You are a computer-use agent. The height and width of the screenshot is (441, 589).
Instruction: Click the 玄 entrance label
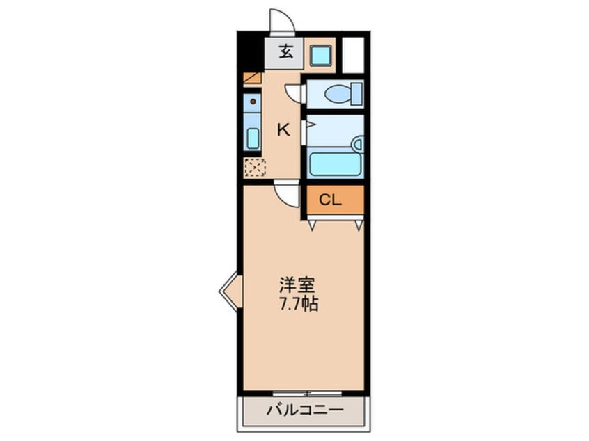[x=285, y=52]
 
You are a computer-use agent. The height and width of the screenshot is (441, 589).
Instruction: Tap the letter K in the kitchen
[x=283, y=129]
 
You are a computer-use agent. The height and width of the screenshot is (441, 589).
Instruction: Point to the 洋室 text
[x=297, y=285]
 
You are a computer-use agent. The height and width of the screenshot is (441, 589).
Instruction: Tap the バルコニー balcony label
[x=304, y=410]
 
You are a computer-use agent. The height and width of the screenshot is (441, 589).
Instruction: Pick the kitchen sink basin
[x=252, y=138]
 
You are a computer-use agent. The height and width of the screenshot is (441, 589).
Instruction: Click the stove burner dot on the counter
[x=253, y=102]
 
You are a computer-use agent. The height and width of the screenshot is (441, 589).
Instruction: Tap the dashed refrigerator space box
[x=254, y=168]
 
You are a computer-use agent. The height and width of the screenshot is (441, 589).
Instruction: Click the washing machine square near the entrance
[x=320, y=54]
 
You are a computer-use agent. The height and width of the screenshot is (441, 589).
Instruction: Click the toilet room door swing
[x=294, y=93]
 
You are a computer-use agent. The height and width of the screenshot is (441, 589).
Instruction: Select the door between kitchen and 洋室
[x=287, y=193]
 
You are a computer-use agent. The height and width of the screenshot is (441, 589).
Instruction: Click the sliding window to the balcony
[x=303, y=394]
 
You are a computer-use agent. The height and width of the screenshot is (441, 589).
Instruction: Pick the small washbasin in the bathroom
[x=357, y=145]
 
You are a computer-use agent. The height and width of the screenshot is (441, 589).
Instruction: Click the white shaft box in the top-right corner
[x=353, y=54]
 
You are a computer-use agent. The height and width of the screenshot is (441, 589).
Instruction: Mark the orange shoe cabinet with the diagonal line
[x=252, y=78]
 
